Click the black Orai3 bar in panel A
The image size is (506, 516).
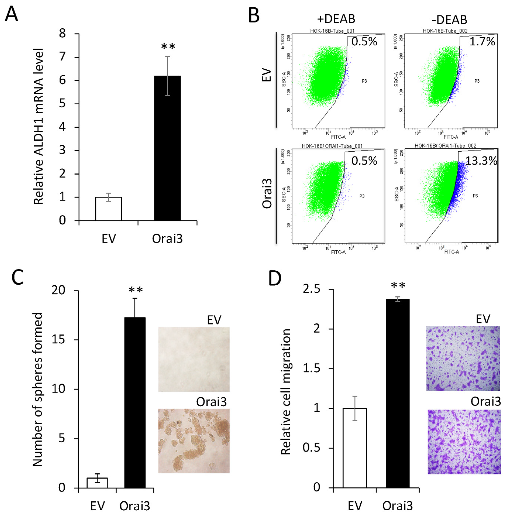[x=167, y=148]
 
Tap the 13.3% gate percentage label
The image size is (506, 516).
[x=481, y=161]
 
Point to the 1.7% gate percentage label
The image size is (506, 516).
[x=482, y=42]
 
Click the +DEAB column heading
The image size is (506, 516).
[x=336, y=19]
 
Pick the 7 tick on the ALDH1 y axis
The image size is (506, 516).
[x=63, y=57]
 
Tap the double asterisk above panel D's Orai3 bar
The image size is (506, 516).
[x=398, y=286]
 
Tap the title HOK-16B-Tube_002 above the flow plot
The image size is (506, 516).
[x=445, y=31]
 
